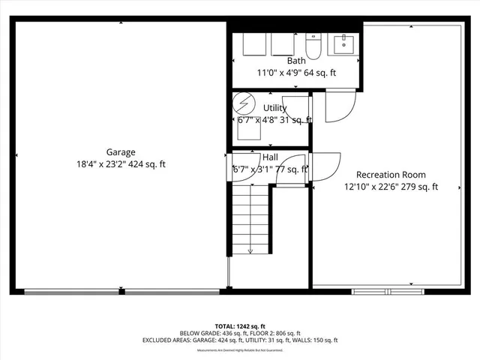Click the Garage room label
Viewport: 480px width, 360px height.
pos(120,151)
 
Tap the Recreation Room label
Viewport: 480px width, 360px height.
pos(391,174)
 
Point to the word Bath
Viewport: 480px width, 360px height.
pos(296,61)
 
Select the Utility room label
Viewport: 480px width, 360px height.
pos(274,107)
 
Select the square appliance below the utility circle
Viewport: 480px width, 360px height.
pos(248,131)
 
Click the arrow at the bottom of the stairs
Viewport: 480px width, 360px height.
pos(250,251)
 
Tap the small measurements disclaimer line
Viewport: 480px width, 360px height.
pos(240,350)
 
